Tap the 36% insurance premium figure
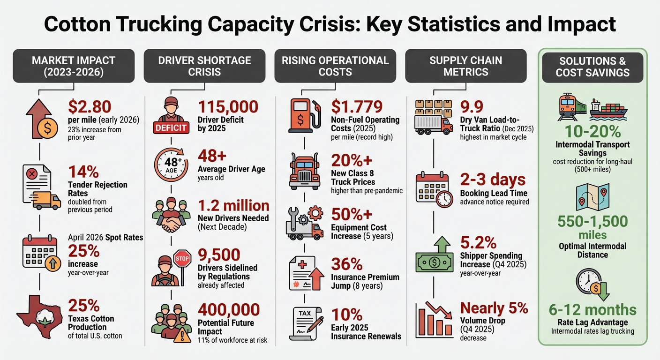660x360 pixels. pyautogui.click(x=346, y=264)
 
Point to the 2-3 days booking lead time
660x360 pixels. pyautogui.click(x=493, y=180)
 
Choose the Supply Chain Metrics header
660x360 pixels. pyautogui.click(x=465, y=66)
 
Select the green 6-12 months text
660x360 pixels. pyautogui.click(x=593, y=310)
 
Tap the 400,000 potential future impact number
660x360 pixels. pyautogui.click(x=229, y=310)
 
